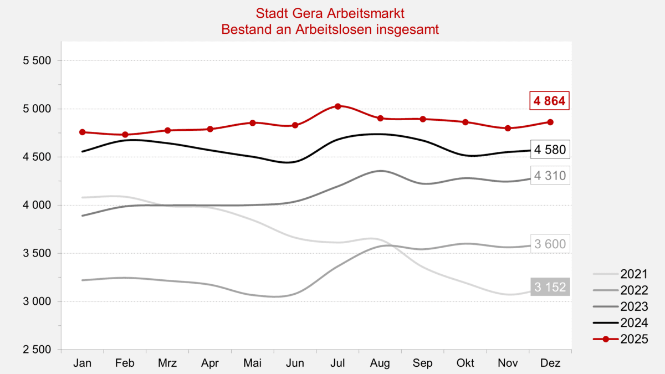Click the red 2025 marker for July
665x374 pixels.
point(337,106)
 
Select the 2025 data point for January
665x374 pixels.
point(83,132)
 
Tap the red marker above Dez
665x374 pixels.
point(550,122)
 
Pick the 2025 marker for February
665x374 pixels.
point(125,135)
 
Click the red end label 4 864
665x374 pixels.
point(550,101)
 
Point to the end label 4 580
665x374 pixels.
point(550,150)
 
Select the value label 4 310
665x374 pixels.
point(550,176)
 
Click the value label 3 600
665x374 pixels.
point(550,243)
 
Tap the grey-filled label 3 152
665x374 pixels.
point(550,286)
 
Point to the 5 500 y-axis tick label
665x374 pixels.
point(37,60)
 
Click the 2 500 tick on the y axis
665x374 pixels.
point(37,350)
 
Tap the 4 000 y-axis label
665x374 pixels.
point(37,205)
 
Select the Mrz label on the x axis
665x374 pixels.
point(167,363)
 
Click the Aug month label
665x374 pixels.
point(380,363)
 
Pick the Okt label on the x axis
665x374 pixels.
point(465,363)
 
